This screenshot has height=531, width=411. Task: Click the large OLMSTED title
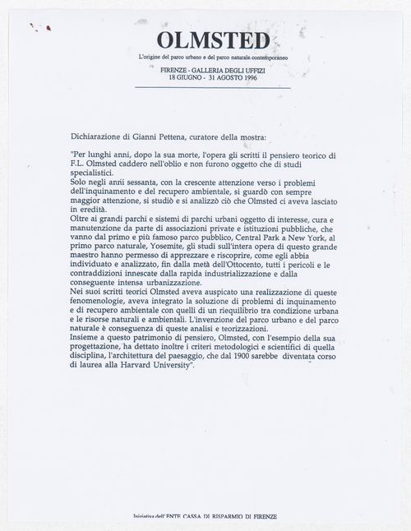click(201, 40)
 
